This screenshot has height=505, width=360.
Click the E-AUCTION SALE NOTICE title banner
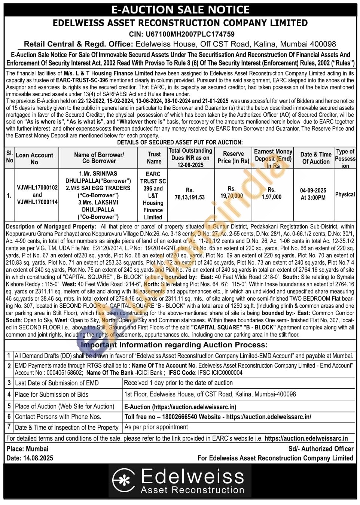click(x=180, y=9)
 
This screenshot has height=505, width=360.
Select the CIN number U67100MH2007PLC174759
click(x=181, y=34)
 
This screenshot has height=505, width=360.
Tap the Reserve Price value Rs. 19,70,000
click(x=232, y=192)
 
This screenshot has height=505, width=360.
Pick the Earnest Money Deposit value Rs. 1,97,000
click(x=271, y=193)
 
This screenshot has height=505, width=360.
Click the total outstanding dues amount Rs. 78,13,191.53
click(x=190, y=194)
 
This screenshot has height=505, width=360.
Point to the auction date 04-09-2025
click(x=313, y=190)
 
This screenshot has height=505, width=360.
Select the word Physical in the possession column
click(x=345, y=194)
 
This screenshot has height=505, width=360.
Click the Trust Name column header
click(x=154, y=158)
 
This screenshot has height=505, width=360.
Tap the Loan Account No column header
click(x=34, y=158)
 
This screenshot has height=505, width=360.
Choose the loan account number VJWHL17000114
click(x=37, y=202)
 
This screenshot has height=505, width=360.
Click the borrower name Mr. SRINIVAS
click(x=98, y=174)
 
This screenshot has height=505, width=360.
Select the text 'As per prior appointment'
click(x=156, y=427)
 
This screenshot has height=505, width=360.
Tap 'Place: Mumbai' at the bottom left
click(x=27, y=448)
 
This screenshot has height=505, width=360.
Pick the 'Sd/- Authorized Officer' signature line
click(x=321, y=448)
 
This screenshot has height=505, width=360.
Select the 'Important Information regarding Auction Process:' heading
click(x=174, y=345)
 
